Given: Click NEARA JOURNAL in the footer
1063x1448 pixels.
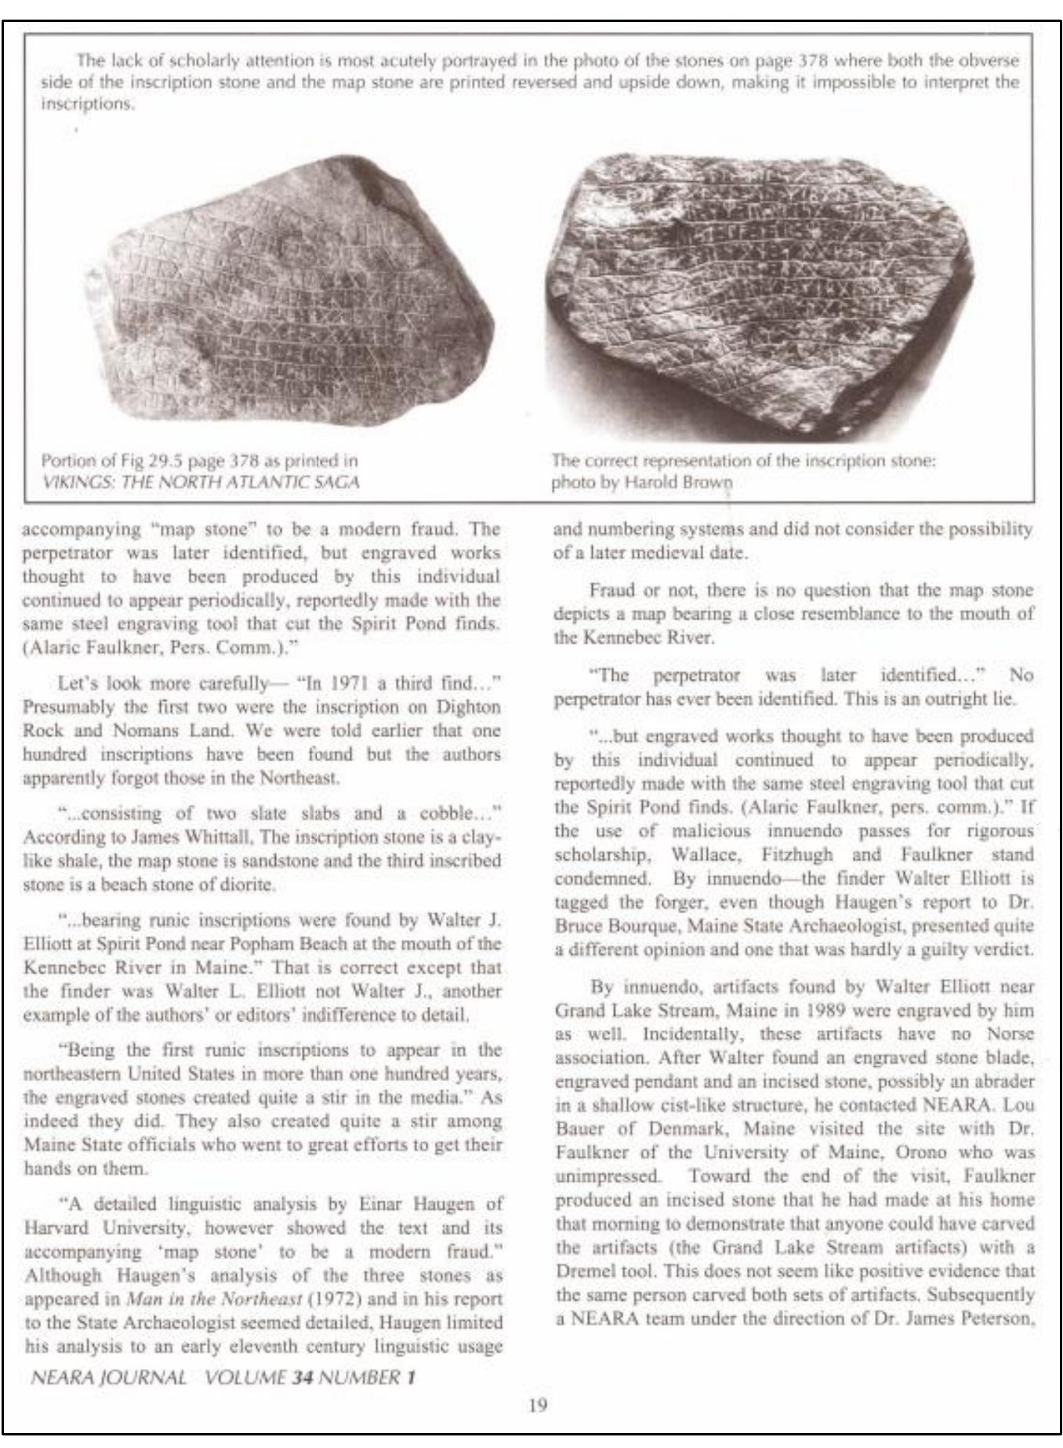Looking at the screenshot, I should pyautogui.click(x=108, y=1377).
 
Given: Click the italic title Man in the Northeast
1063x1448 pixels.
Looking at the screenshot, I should pyautogui.click(x=215, y=1298).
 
